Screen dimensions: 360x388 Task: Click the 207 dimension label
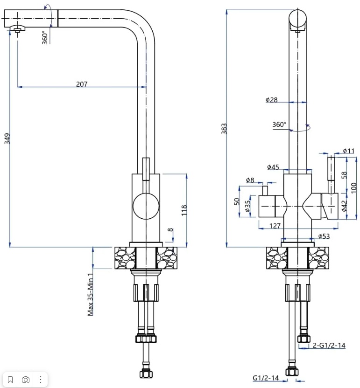click(x=82, y=84)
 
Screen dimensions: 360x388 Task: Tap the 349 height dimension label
click(x=7, y=139)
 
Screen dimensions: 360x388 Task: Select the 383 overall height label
click(x=224, y=129)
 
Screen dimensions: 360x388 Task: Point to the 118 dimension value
click(x=184, y=210)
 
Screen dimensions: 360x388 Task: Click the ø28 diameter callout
click(x=272, y=100)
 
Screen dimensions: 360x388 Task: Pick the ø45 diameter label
click(x=273, y=167)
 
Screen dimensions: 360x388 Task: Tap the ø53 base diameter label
click(x=324, y=236)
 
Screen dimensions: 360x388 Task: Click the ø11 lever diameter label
click(x=349, y=151)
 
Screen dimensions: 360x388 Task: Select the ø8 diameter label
click(x=250, y=180)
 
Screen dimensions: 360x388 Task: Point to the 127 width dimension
click(x=275, y=226)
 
